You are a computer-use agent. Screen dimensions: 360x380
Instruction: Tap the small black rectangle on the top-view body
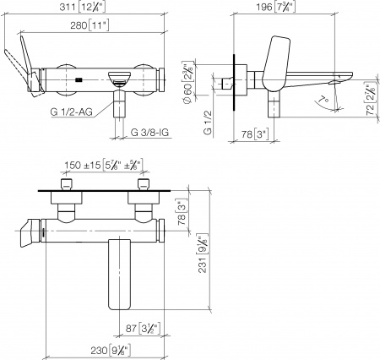point(78,80)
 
